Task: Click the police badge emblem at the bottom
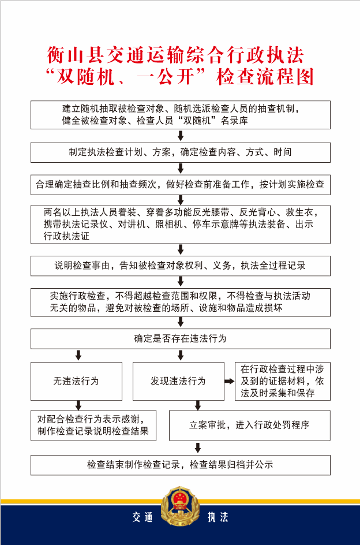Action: click(180, 507)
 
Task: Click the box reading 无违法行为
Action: click(76, 381)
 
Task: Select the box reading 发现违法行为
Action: click(178, 381)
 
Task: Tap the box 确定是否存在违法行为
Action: click(180, 339)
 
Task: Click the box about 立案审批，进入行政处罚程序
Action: click(249, 425)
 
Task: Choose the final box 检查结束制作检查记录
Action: click(180, 465)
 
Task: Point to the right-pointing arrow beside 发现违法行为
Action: click(229, 381)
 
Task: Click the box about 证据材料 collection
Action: click(283, 381)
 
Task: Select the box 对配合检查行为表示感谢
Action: click(93, 425)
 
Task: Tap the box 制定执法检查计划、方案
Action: click(180, 152)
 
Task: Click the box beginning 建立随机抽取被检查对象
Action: click(180, 115)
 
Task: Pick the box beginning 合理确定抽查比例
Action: click(180, 185)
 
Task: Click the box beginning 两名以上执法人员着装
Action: click(180, 225)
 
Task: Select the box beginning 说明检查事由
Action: click(180, 266)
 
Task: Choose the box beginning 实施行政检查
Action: click(180, 302)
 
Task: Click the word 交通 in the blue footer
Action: click(142, 517)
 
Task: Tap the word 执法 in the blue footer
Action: click(217, 517)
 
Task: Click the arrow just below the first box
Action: click(181, 136)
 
